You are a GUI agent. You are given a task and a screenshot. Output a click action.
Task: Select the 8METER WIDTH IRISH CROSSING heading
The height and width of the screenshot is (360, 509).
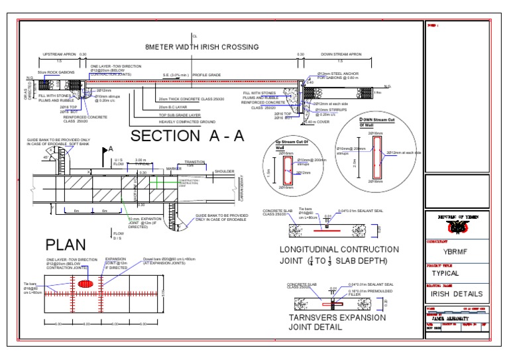point(192,47)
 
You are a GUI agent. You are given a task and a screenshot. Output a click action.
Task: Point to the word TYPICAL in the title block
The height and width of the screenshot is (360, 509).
point(450,272)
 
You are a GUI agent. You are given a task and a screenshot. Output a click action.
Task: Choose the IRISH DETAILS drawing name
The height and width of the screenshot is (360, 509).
point(457,294)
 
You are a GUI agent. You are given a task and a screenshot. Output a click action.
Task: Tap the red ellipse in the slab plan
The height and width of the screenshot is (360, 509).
point(87,283)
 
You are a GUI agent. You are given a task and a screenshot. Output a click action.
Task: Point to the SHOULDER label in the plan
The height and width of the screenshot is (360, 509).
point(224,171)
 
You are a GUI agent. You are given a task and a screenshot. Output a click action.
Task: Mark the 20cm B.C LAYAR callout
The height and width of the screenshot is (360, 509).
point(173,106)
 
